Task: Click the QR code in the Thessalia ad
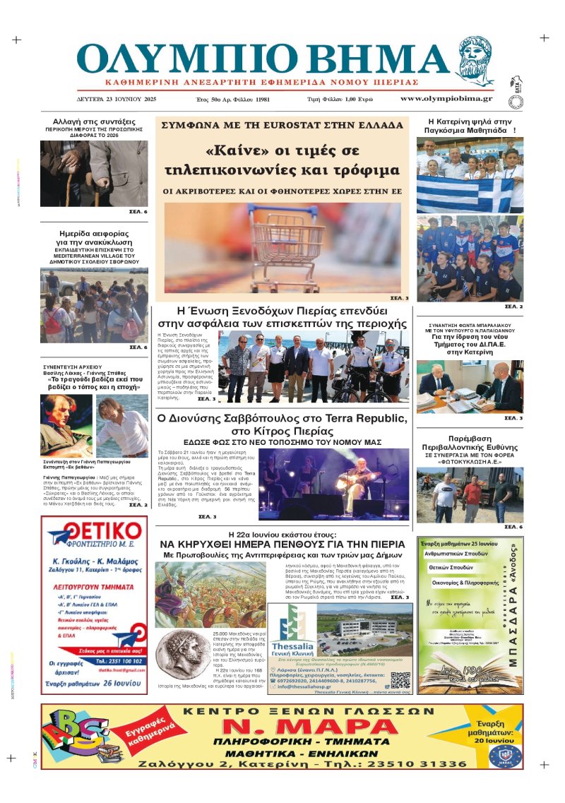(x=400, y=660)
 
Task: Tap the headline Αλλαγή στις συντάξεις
(x=94, y=121)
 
